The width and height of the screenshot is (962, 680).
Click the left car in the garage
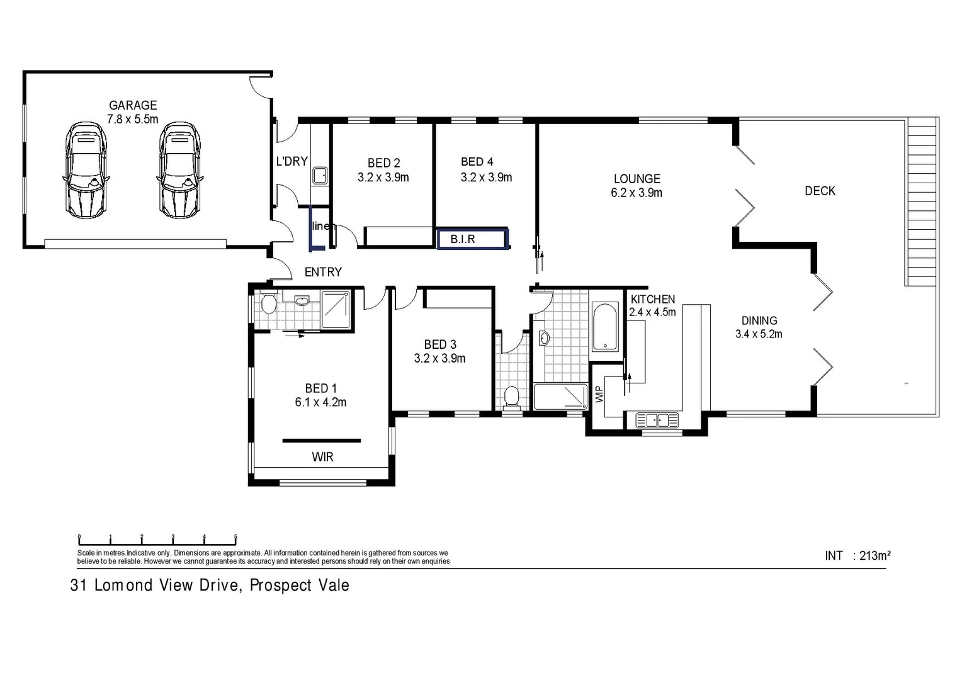tap(86, 171)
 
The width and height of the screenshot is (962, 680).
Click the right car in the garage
tap(179, 171)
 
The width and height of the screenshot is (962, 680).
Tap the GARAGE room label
tap(133, 106)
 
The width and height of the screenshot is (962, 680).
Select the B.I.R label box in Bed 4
tap(472, 239)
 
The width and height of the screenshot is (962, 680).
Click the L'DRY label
tap(291, 161)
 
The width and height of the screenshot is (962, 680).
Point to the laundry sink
tap(320, 175)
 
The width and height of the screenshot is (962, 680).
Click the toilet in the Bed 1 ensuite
tap(268, 303)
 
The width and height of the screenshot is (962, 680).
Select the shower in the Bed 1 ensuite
tap(335, 309)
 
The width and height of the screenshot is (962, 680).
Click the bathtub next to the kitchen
tap(606, 327)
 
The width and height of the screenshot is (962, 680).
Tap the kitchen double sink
tap(657, 419)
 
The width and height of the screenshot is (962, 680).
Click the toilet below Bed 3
tap(511, 397)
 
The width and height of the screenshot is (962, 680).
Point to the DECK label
tap(820, 191)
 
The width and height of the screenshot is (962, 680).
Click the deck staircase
tap(921, 201)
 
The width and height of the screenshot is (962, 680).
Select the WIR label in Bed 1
tap(322, 457)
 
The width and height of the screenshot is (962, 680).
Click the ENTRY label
tap(323, 272)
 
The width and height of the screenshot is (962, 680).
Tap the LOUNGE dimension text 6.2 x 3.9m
tap(637, 193)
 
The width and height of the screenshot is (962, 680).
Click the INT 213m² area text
tap(857, 555)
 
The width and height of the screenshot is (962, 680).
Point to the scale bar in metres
tap(157, 540)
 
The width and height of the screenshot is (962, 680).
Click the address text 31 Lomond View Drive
tap(210, 586)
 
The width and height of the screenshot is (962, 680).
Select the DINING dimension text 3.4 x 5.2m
tap(759, 334)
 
